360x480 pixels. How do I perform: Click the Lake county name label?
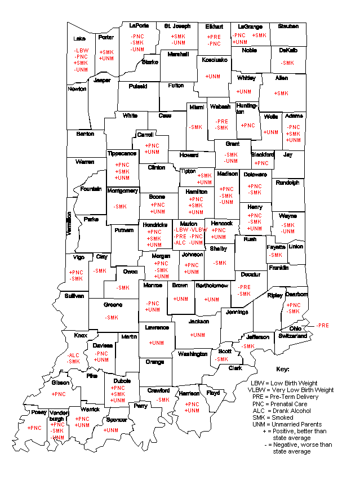(79, 39)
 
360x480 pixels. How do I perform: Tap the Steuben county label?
(287, 26)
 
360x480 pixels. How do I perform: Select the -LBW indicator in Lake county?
(81, 50)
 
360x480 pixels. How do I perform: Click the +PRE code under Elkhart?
(214, 37)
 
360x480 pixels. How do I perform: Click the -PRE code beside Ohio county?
(323, 325)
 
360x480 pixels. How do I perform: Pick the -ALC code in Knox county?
(73, 355)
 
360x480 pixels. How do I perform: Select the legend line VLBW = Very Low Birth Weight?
(291, 390)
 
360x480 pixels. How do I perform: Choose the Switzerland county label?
(292, 336)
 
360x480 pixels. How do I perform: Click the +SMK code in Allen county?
(281, 93)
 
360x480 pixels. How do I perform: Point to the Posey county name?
(38, 412)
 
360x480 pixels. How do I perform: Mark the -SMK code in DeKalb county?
(287, 63)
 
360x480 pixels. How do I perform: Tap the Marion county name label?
(189, 224)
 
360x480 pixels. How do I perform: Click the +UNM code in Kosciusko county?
(212, 76)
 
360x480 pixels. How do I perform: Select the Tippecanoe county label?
(122, 153)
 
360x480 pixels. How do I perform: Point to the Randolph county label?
(287, 183)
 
